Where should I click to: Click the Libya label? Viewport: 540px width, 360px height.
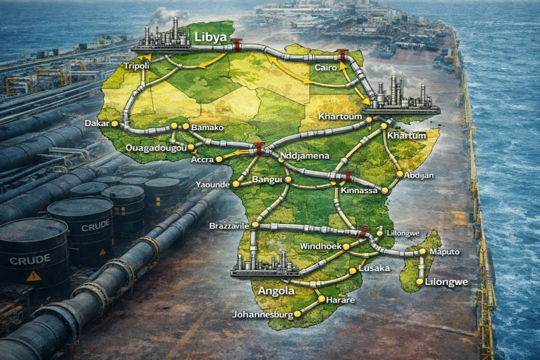point(210,37)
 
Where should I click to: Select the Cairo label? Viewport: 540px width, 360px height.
point(326,68)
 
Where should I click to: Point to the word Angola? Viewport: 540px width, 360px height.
point(276,290)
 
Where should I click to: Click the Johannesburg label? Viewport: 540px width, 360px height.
point(262,315)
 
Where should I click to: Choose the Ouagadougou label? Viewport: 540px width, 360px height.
point(156,149)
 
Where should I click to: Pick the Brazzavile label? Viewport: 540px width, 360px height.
point(229,225)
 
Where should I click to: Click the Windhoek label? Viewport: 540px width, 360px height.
point(321,246)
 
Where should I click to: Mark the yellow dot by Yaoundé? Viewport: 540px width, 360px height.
point(236,184)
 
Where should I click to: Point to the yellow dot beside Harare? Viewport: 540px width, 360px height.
point(321,299)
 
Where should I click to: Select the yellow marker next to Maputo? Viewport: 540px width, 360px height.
point(422,252)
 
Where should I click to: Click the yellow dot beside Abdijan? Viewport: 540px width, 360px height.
point(400,174)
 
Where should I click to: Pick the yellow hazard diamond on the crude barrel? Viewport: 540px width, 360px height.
point(33,275)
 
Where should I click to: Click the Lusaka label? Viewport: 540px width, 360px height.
point(373,268)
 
